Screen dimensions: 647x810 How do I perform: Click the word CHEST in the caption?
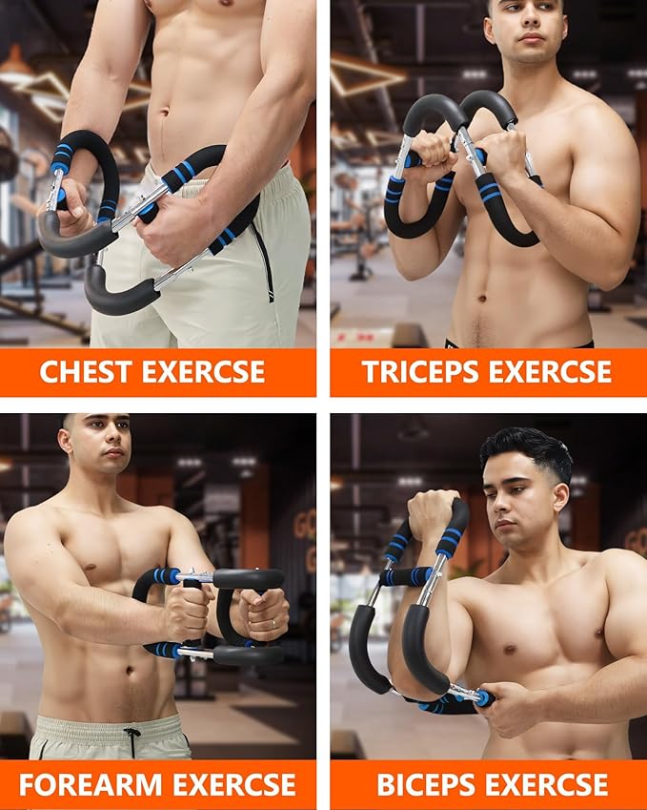[x=85, y=371]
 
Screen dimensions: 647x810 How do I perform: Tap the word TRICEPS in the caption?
[x=420, y=371]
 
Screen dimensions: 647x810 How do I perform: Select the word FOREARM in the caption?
[x=91, y=784]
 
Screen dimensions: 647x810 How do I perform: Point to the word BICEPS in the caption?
[x=426, y=784]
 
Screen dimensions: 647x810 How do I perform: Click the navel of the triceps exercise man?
[x=482, y=298]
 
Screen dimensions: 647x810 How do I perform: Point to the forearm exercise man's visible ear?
[x=66, y=442]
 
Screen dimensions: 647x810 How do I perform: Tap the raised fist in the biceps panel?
[x=432, y=514]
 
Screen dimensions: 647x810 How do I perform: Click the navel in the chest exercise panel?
[x=164, y=112]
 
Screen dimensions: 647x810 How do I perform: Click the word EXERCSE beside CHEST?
[x=203, y=371]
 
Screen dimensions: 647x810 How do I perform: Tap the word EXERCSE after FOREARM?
[x=233, y=784]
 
